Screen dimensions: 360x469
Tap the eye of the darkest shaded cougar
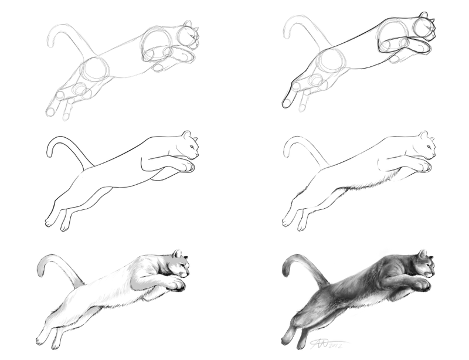[429, 264]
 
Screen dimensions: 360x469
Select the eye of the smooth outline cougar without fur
[190, 144]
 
